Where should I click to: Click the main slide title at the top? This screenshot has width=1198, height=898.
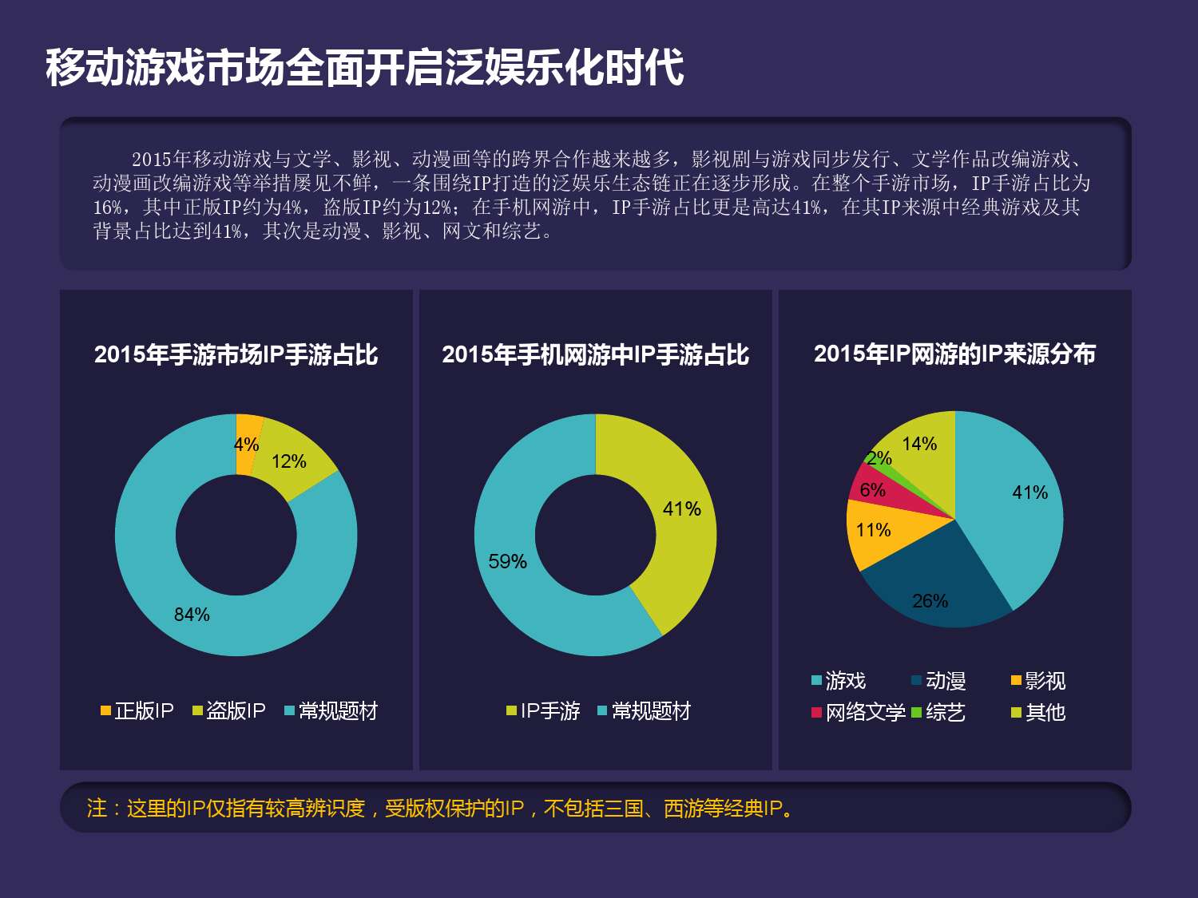click(364, 67)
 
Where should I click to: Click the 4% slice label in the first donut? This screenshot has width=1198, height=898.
click(246, 445)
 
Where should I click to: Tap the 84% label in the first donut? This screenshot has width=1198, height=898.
click(192, 615)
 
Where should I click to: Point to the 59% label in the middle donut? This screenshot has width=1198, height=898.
click(507, 562)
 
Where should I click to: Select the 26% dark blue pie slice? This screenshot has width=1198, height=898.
click(934, 591)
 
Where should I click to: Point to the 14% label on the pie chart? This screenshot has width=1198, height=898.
click(919, 444)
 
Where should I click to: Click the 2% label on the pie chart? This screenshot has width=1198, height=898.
click(879, 458)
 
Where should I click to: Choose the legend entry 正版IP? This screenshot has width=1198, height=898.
click(137, 710)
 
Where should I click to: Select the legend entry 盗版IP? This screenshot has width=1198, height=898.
click(229, 710)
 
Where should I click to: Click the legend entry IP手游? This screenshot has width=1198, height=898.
click(543, 710)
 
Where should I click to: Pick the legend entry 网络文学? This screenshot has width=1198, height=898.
click(859, 712)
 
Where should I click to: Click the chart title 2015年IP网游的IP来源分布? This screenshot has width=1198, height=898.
click(954, 354)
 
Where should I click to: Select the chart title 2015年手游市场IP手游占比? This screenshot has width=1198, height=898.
click(236, 354)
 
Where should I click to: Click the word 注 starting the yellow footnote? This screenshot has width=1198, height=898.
click(97, 808)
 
